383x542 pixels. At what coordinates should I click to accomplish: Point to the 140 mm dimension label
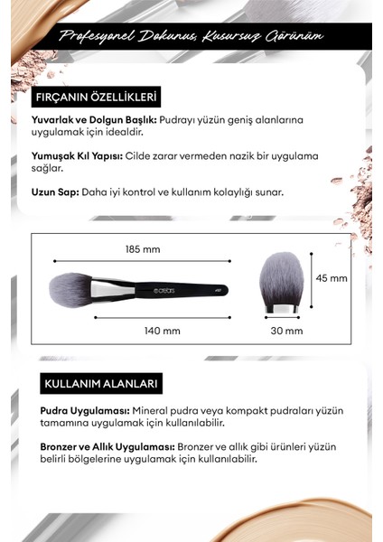pos(162,331)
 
